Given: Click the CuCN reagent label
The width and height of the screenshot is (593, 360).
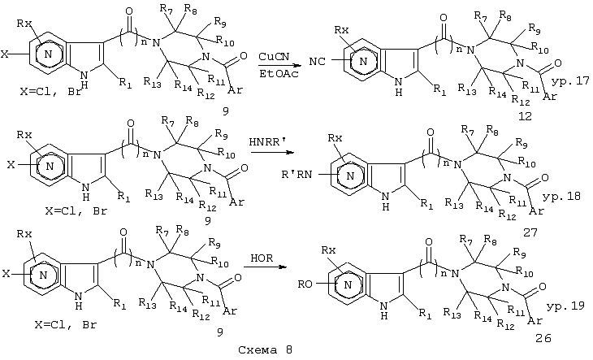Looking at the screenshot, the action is [x=275, y=56].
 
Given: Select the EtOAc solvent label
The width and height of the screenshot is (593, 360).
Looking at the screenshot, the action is [x=279, y=73].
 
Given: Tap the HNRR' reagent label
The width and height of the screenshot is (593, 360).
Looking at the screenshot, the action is [x=269, y=142].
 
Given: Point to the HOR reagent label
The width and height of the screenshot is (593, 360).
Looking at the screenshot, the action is [x=262, y=258].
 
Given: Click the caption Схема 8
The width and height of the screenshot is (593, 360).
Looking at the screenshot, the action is [x=265, y=349].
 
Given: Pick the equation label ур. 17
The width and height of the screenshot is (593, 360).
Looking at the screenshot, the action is [x=570, y=81].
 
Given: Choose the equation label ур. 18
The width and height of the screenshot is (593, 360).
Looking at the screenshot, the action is [x=561, y=197].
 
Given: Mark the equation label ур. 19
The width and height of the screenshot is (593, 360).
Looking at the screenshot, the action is [x=565, y=306].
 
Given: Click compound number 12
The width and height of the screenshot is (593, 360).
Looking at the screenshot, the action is [x=525, y=116].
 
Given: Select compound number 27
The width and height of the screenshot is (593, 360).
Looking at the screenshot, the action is [x=530, y=232].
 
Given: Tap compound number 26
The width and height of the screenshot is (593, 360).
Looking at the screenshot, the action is [x=543, y=338].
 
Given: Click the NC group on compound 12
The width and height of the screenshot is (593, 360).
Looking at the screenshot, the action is [x=317, y=61].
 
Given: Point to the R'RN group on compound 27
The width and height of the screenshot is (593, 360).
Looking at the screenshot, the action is [x=296, y=175].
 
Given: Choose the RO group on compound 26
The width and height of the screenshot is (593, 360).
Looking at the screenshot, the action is [x=305, y=284].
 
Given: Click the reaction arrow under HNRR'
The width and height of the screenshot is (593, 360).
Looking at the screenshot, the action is [x=272, y=153].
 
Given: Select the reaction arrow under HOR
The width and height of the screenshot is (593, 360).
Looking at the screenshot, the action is [x=265, y=267].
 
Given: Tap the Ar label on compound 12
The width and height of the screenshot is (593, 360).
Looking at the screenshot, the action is [x=550, y=96].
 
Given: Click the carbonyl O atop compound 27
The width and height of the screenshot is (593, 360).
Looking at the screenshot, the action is [x=431, y=132].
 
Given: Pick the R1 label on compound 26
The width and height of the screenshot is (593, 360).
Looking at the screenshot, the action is [x=426, y=314].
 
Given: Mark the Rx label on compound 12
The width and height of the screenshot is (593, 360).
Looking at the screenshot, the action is [x=342, y=30].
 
